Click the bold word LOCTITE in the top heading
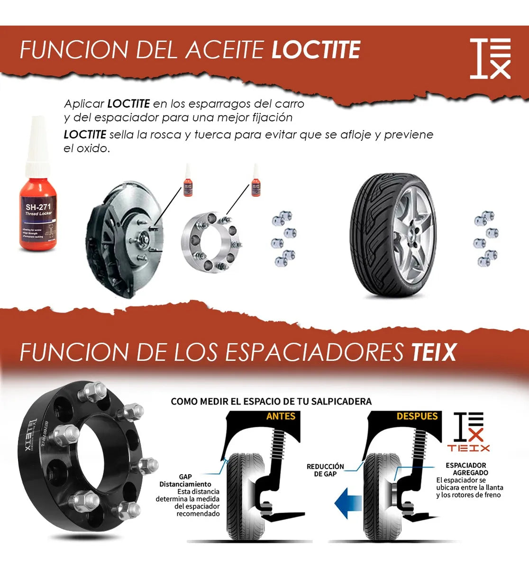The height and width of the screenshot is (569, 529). coord(316,50)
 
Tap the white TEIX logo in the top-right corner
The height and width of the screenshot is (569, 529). coord(490,58)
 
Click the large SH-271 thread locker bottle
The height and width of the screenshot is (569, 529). coord(38,190)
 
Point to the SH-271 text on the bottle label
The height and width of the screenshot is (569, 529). coord(38,207)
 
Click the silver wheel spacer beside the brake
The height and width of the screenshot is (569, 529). coord(211,242)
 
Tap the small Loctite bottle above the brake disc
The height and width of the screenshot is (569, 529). coord(188,181)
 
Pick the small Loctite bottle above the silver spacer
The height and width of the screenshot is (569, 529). coord(256,181)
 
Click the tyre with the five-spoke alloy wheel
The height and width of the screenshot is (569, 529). coord(393,235)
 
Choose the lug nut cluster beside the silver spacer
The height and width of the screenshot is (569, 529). coord(283,239)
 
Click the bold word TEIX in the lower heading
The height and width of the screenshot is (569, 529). coord(434,352)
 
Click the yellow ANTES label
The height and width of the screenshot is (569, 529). coord(281,416)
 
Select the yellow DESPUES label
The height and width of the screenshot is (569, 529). coord(417,416)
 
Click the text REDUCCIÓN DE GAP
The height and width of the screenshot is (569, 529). coord(325,470)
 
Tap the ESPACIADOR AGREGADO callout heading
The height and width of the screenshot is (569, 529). coord(466,469)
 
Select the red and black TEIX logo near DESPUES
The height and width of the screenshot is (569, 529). coord(469,431)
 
